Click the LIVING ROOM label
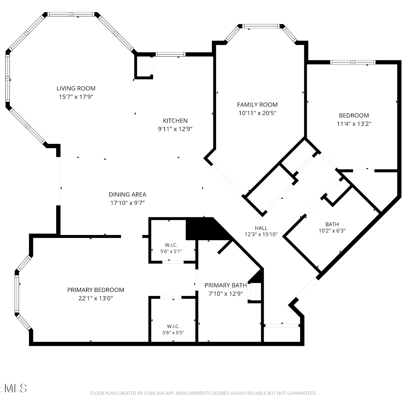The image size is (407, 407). tap(76, 88)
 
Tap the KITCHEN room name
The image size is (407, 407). tap(175, 120)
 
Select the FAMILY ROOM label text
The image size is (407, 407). tap(257, 104)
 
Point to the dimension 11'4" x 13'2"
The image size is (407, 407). tap(354, 124)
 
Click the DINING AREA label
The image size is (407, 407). tap(128, 194)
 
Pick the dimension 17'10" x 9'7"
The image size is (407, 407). tap(128, 203)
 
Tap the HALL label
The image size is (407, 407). tap(261, 228)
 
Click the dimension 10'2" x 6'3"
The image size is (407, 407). tap(332, 231)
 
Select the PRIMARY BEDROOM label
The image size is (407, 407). tap(96, 290)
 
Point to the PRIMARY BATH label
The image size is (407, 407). tap(226, 285)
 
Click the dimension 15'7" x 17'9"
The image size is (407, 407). tap(76, 97)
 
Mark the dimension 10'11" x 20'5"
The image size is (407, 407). tap(257, 113)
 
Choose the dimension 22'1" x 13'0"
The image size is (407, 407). tap(96, 298)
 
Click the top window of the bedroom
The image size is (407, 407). tap(353, 62)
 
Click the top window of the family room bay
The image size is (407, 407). tap(261, 26)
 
